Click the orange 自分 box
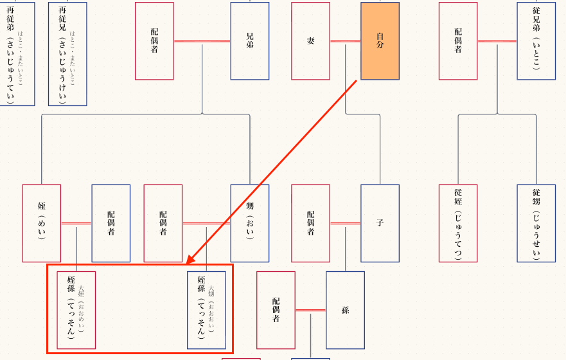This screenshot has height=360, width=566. (x=380, y=41)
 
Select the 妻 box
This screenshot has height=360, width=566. (x=311, y=41)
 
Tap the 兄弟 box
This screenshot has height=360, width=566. (x=250, y=41)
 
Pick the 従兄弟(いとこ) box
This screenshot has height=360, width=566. (x=536, y=41)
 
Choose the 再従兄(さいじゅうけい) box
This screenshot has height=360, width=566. (x=67, y=54)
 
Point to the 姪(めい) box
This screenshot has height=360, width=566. (x=42, y=223)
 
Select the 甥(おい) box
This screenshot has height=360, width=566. (x=250, y=223)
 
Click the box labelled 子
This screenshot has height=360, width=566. (x=380, y=223)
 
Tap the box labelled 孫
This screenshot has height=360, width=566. (x=345, y=310)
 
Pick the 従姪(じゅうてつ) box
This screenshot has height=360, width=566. (x=458, y=223)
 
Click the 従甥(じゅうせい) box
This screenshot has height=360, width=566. (x=536, y=223)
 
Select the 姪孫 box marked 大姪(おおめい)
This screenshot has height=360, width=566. (x=76, y=310)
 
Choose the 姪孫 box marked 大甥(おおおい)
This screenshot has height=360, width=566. (x=206, y=310)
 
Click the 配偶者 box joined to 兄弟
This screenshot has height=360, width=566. (x=154, y=41)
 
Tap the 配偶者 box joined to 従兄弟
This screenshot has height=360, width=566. (x=458, y=41)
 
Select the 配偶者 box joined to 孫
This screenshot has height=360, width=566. (x=276, y=310)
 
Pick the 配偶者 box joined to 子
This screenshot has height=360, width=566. (x=311, y=223)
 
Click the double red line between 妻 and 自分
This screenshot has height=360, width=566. (x=345, y=41)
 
